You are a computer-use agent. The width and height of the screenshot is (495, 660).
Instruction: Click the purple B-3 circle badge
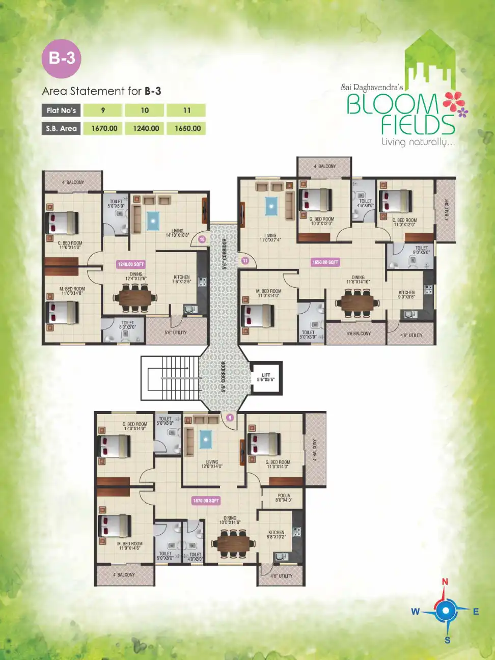(x=62, y=58)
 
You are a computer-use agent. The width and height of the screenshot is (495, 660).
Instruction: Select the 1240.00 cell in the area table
(x=146, y=128)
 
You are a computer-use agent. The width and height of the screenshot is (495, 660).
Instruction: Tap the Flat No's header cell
(x=61, y=111)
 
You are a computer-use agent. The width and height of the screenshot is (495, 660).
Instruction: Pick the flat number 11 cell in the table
(x=187, y=111)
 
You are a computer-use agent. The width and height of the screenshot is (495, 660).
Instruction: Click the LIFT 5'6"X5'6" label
(x=266, y=377)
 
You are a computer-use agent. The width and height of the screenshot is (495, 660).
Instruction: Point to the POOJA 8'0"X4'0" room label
(x=284, y=498)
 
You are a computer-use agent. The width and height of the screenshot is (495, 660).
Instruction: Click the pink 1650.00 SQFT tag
(x=325, y=262)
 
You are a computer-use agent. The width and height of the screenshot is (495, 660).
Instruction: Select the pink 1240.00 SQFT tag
(x=131, y=264)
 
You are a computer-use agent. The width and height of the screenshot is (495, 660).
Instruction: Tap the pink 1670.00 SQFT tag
(x=206, y=501)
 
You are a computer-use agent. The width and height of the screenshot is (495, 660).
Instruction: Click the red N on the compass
(x=445, y=582)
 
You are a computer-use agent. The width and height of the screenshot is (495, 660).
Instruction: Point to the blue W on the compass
(x=416, y=612)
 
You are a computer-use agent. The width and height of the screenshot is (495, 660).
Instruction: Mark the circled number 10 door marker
(x=202, y=239)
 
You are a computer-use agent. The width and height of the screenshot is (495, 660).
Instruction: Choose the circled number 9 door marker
(x=230, y=418)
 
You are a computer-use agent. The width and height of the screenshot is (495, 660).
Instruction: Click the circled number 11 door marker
(x=245, y=261)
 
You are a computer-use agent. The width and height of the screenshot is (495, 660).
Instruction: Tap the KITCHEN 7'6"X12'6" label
(x=181, y=279)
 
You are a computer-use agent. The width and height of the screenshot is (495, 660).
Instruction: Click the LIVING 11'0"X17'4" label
(x=270, y=238)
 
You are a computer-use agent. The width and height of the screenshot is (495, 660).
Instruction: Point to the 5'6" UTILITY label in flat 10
(x=175, y=333)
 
